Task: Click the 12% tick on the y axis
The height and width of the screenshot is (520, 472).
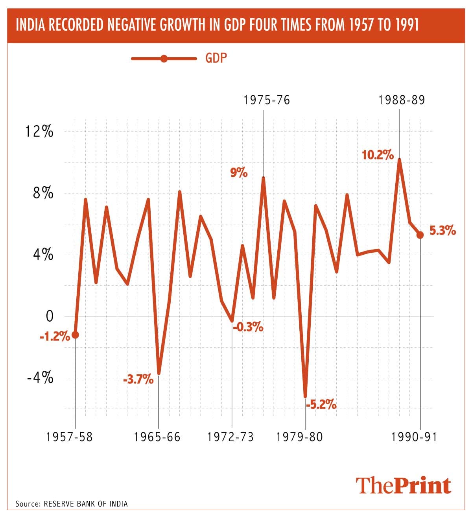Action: [x=39, y=131]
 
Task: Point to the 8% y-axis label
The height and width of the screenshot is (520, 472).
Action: [x=43, y=193]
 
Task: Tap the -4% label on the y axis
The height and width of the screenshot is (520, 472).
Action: [x=40, y=378]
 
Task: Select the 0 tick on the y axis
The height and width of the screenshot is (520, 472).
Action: [x=49, y=316]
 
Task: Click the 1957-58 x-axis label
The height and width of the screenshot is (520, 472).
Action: [x=70, y=437]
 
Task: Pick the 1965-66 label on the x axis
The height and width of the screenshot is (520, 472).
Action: [x=157, y=437]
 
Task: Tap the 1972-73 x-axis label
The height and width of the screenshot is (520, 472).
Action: [x=231, y=437]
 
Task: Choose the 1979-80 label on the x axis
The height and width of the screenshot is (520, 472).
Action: [x=300, y=437]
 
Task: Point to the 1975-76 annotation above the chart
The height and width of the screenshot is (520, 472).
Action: [x=267, y=100]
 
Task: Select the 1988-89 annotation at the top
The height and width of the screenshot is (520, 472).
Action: [x=402, y=100]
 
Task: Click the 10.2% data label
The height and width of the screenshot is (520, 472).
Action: [x=378, y=155]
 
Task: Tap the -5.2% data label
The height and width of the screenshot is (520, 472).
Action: [x=321, y=404]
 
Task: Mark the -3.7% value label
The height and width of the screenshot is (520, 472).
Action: [x=138, y=380]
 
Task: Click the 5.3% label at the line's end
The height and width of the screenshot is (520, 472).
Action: [x=442, y=231]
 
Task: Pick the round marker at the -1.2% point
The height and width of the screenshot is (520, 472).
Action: [x=75, y=335]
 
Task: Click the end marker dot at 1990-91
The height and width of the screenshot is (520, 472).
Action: [x=420, y=235]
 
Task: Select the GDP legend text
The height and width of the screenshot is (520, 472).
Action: [x=216, y=58]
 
